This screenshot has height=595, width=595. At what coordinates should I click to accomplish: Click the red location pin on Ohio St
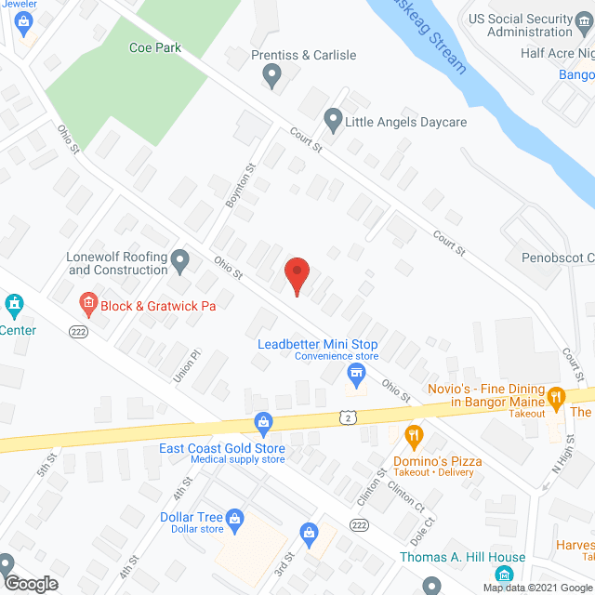coord(297,275)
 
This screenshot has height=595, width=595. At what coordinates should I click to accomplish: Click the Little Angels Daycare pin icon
coord(332,121)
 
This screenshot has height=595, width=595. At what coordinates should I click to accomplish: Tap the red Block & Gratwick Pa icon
coord(87,302)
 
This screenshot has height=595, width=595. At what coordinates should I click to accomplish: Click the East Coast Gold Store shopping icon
coord(264,424)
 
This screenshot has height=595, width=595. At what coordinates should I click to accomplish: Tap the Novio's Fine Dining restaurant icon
coord(556,397)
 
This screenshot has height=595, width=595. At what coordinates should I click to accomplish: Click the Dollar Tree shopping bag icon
coord(234,517)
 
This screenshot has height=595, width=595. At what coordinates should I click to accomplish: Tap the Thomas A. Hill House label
coord(462,558)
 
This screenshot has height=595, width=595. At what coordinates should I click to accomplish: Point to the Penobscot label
coord(555,257)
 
